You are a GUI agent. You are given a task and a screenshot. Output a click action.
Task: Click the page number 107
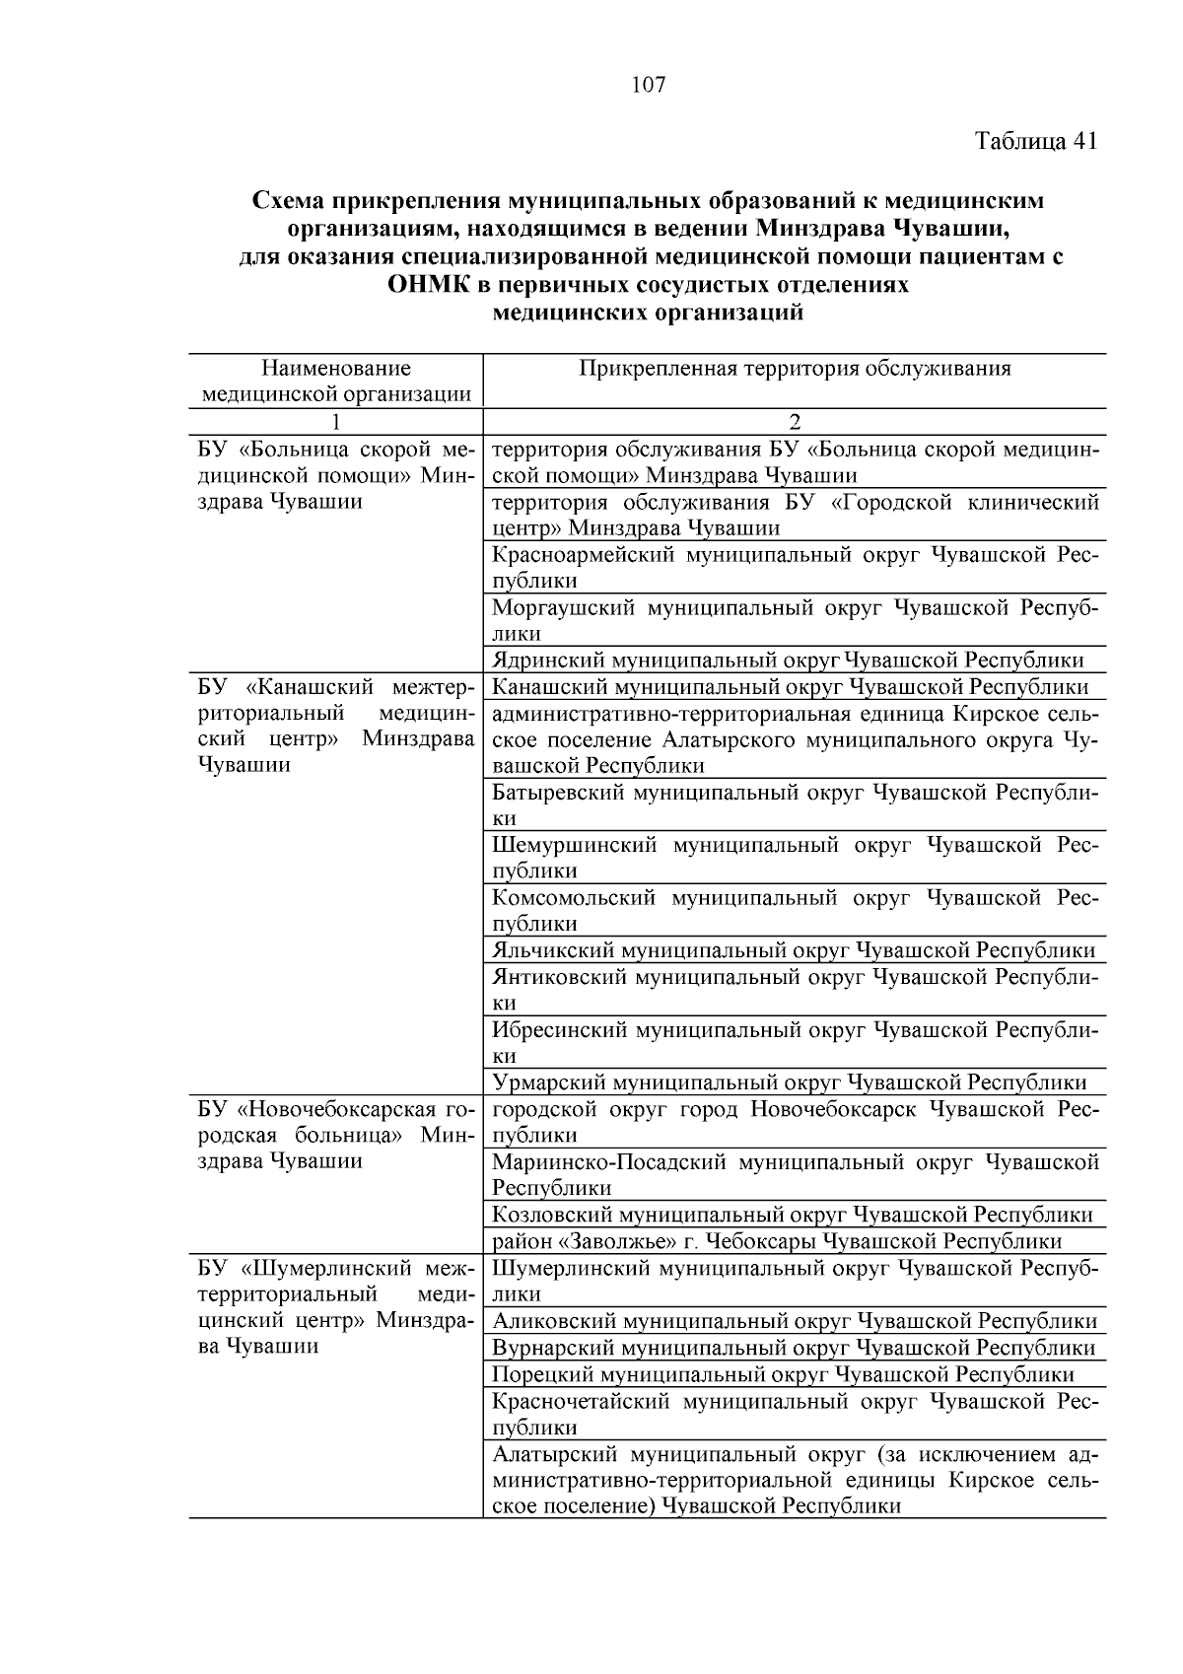648,85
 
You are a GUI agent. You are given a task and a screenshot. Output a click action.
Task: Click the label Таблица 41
1035,141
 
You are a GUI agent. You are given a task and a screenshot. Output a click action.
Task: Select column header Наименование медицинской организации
336,382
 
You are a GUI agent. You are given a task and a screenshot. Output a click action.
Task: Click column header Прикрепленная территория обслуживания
795,369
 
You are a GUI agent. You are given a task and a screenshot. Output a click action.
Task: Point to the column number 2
795,422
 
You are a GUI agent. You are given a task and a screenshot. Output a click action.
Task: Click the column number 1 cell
336,422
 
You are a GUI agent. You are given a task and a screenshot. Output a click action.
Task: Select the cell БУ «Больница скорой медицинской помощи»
336,475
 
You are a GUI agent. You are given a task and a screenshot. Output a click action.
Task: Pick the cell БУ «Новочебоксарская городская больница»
336,1135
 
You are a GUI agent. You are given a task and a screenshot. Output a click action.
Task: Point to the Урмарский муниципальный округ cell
789,1082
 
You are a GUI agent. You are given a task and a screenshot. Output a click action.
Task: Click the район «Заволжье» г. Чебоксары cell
777,1241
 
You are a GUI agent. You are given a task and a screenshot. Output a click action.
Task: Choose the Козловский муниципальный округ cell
792,1215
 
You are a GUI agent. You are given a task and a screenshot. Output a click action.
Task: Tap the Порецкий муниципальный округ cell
783,1374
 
